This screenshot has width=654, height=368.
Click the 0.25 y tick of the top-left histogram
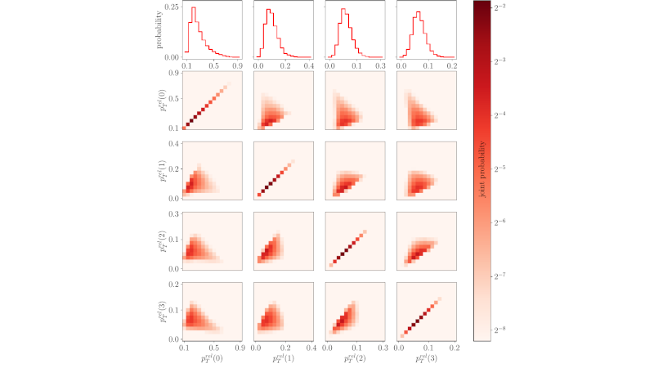click(172, 7)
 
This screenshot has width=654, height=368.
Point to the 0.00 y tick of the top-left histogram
click(172, 57)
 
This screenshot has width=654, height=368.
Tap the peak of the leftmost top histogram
click(194, 8)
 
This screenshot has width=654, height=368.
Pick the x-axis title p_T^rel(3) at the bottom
click(424, 358)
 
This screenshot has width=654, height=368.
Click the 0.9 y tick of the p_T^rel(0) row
click(173, 74)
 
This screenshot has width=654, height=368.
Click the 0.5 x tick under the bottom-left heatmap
click(212, 348)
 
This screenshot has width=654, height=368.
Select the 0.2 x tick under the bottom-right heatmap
click(452, 348)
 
